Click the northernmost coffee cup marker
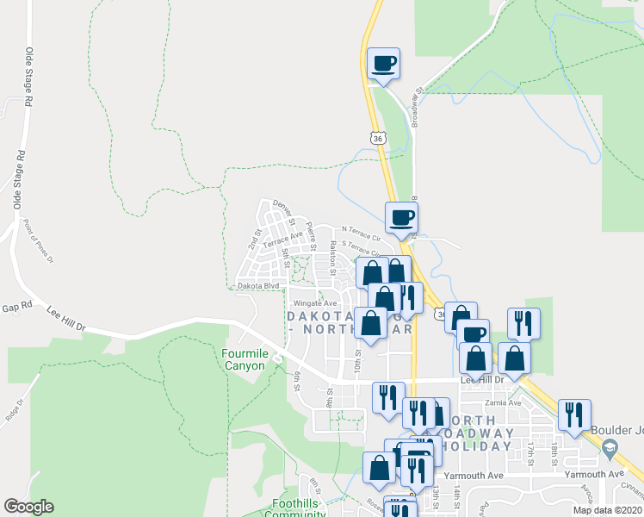pyautogui.click(x=384, y=63)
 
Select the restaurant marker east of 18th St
pyautogui.click(x=574, y=414)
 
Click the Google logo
pyautogui.click(x=28, y=507)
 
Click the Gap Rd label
pyautogui.click(x=16, y=307)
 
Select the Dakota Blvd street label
pyautogui.click(x=259, y=285)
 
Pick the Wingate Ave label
pyautogui.click(x=315, y=303)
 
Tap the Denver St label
pyautogui.click(x=283, y=209)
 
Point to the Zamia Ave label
pyautogui.click(x=503, y=402)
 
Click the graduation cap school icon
pyautogui.click(x=610, y=448)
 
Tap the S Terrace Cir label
pyautogui.click(x=362, y=246)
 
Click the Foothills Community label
pyautogui.click(x=299, y=508)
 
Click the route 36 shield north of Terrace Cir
pyautogui.click(x=377, y=137)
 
